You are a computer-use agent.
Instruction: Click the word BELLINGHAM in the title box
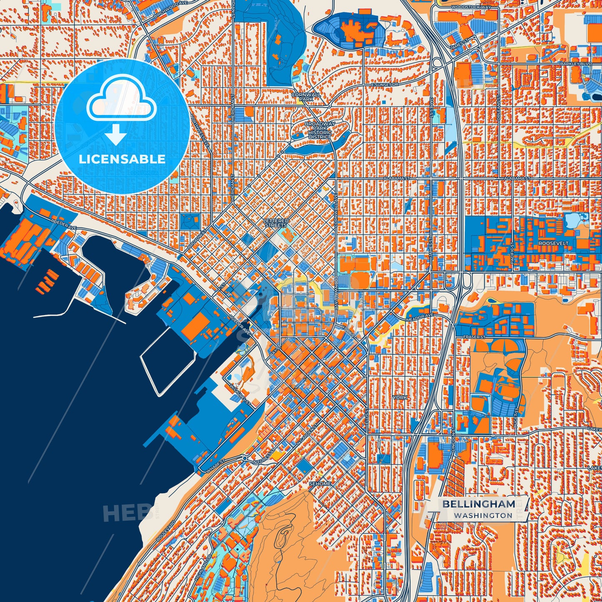pos(479,504)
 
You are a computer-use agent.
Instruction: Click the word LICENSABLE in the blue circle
pos(122,159)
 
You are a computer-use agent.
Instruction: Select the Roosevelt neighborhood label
pos(553,243)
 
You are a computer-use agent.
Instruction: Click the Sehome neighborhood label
pos(320,484)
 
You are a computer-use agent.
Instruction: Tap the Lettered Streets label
pos(276,223)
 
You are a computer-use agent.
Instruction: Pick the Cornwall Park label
pos(306,97)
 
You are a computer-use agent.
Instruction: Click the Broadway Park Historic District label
pos(320,130)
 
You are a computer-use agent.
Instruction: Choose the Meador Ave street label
pos(424,317)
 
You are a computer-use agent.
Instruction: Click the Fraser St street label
pos(475,337)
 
